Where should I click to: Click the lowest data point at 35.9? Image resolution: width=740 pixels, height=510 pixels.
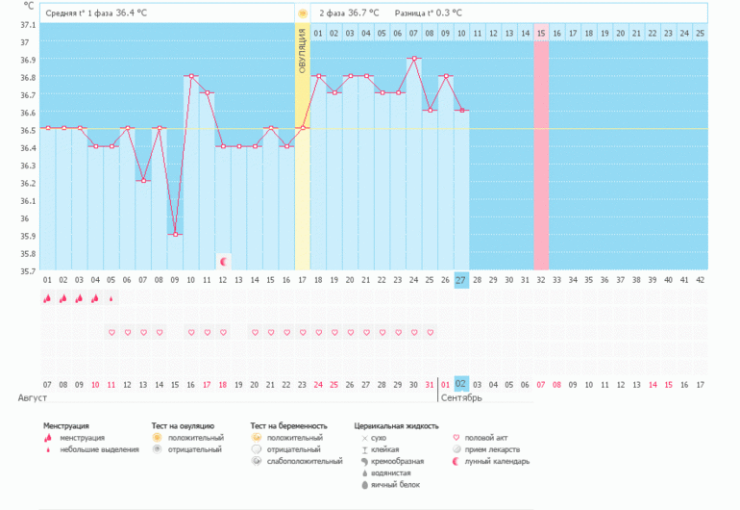(x=175, y=235)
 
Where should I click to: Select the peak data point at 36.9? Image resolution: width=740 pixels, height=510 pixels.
(x=413, y=58)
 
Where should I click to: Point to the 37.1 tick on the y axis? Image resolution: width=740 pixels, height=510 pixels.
(x=27, y=25)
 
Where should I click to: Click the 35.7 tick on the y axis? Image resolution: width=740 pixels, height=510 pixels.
(x=27, y=271)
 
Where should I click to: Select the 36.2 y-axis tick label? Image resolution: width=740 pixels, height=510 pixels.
(x=27, y=183)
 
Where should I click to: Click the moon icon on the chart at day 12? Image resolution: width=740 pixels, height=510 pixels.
(x=223, y=261)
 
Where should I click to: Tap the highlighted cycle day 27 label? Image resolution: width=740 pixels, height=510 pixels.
(x=461, y=280)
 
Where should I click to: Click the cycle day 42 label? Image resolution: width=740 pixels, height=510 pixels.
(x=700, y=280)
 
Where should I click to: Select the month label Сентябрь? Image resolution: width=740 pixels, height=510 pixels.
(x=462, y=396)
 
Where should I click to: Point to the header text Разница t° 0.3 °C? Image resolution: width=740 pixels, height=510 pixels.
(x=428, y=13)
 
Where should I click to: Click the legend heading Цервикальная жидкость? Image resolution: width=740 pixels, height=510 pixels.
(x=396, y=424)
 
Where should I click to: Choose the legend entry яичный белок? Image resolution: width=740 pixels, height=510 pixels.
(x=390, y=484)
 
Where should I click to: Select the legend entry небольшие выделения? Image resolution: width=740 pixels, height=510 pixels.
(x=99, y=449)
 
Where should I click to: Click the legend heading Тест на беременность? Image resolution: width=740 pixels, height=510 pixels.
(x=288, y=424)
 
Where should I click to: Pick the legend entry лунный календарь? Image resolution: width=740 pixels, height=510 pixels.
(x=496, y=461)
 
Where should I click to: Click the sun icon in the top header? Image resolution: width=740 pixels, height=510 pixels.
(x=302, y=13)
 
